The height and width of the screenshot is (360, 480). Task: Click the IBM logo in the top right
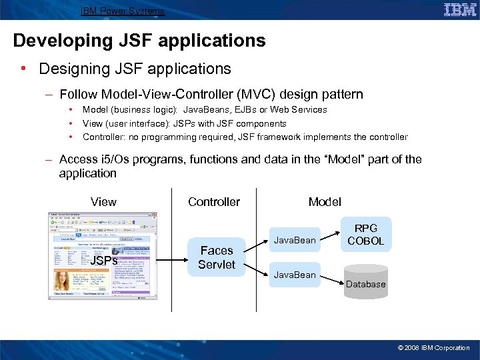(x=459, y=9)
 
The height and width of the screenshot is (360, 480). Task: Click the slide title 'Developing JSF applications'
(x=139, y=41)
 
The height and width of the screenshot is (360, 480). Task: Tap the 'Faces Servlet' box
(x=216, y=257)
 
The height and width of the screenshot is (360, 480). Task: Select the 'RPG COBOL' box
(x=366, y=234)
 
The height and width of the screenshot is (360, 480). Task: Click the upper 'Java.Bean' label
(x=294, y=240)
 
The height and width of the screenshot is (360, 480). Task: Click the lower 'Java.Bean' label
(x=294, y=275)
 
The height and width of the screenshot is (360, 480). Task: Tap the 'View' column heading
(x=103, y=202)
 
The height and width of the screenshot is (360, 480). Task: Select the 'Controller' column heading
(x=214, y=202)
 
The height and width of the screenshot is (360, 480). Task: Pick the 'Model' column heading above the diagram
(x=325, y=202)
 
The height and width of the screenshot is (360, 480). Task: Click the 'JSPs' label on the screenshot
(x=104, y=261)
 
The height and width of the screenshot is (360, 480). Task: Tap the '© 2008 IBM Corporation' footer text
(x=433, y=347)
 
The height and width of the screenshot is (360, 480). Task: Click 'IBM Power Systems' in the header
(x=122, y=11)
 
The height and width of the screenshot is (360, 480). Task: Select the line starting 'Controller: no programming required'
(x=245, y=137)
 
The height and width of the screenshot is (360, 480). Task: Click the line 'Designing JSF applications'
(x=135, y=69)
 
